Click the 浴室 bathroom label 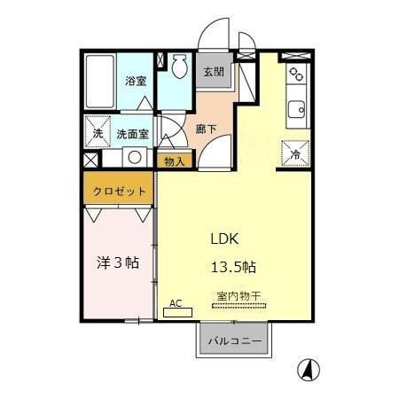point(136,81)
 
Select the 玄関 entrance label point(214,72)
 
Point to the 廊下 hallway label point(206,129)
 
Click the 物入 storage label point(175,161)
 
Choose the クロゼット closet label point(120,192)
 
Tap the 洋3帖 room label point(118,262)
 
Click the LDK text point(224,239)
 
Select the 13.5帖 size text point(233,267)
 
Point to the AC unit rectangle point(178,312)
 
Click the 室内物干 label point(239,296)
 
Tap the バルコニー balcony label point(235,341)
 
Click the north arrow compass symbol point(309,370)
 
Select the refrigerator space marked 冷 point(295,153)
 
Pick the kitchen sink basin point(296,109)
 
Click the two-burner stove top point(296,74)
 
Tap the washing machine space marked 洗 point(98,131)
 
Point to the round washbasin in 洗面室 point(135,157)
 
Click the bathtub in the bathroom point(100,82)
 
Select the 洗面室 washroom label point(133,135)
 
